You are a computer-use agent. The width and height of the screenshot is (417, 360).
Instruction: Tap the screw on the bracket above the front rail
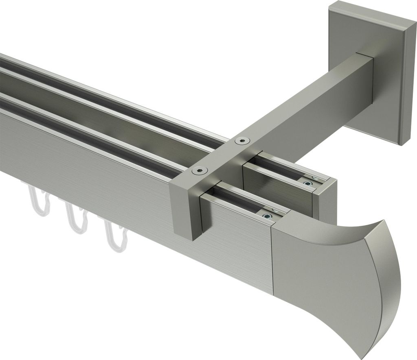click(x=200, y=171)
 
